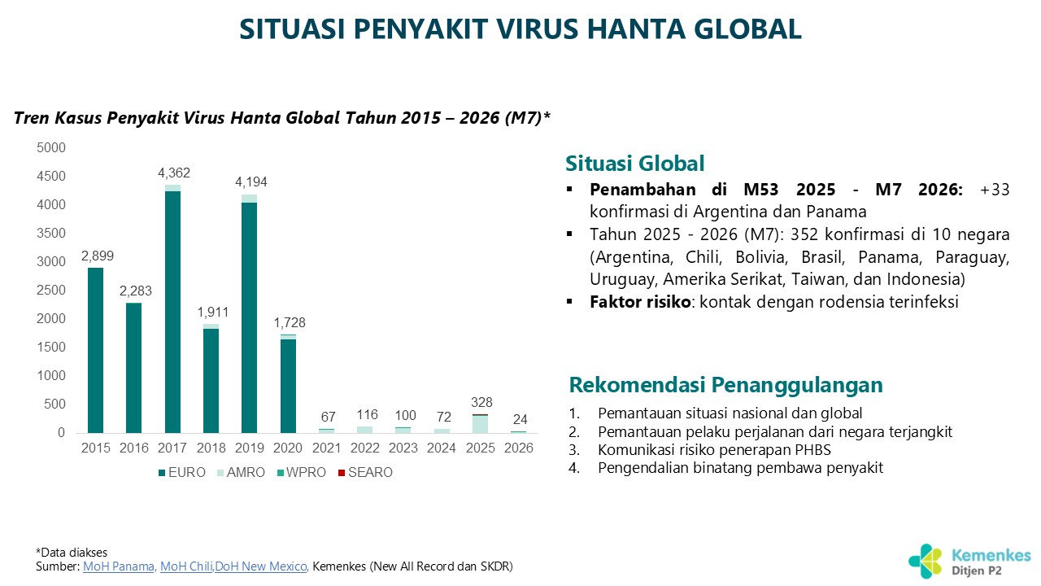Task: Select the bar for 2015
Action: [x=96, y=350]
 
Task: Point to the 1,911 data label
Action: [x=211, y=311]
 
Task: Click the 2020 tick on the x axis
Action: [x=288, y=448]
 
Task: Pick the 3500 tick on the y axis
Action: [x=52, y=234]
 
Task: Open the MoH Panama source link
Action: [x=119, y=566]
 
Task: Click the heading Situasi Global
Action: [x=635, y=163]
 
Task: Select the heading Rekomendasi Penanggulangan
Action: [x=725, y=384]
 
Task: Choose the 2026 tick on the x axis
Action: [x=518, y=448]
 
